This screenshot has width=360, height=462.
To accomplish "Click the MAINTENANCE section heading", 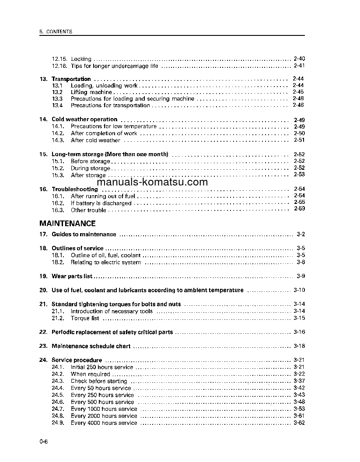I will click(67, 223).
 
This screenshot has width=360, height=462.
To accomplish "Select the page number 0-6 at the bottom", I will click(43, 442).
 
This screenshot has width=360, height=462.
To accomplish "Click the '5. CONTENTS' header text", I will click(56, 32).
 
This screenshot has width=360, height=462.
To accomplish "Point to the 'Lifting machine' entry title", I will click(91, 92).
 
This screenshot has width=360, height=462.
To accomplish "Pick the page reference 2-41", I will click(299, 66).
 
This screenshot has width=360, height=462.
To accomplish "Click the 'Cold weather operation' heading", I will click(84, 119).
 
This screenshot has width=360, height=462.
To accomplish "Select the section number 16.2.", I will click(58, 203).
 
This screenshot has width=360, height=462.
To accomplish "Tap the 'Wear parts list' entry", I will click(72, 276).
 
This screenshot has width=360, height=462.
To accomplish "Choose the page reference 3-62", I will click(299, 423).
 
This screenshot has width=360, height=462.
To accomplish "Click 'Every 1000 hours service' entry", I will click(104, 409).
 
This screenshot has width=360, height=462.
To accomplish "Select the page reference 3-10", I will click(299, 290).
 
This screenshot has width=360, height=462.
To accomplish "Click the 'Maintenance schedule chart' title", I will click(91, 346).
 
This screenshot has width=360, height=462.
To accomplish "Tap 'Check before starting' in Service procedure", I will click(99, 381).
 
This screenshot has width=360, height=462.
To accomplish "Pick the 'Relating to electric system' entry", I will click(106, 262).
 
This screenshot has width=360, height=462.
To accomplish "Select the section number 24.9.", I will click(58, 423).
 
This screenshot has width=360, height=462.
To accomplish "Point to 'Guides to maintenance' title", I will click(84, 234).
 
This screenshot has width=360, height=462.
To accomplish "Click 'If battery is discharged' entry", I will click(101, 203).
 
